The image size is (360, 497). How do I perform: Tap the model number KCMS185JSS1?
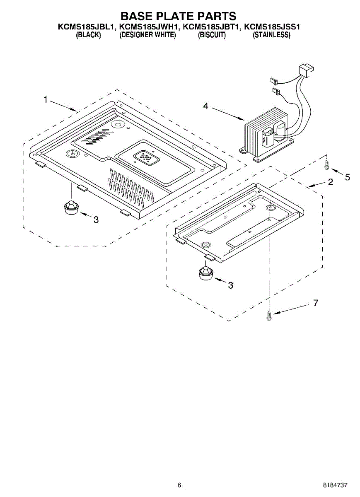tap(272, 27)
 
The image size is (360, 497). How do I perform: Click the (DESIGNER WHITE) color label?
tap(148, 35)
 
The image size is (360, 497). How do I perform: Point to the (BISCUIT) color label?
tap(212, 35)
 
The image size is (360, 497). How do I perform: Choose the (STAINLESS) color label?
tap(271, 35)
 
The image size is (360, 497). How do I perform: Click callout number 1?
tap(46, 100)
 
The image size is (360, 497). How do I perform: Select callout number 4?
tap(206, 106)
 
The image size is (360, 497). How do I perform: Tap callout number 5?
tap(347, 177)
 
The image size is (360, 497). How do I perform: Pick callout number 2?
tap(330, 182)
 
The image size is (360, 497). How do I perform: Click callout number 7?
tap(316, 303)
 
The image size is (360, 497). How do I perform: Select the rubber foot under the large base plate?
tap(71, 206)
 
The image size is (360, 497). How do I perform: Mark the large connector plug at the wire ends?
tap(306, 70)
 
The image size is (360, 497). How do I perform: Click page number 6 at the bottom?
tap(179, 485)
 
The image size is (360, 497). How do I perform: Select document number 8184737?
tap(335, 485)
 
